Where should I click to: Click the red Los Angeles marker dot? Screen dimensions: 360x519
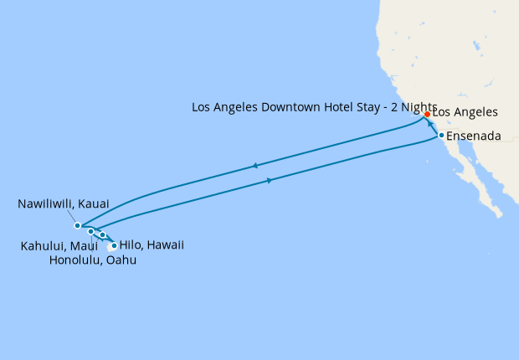427,114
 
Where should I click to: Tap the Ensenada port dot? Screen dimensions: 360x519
441,135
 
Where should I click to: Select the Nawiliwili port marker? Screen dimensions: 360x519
77,225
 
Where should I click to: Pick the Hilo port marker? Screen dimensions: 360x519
114,246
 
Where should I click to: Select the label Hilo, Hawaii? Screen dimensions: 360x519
152,245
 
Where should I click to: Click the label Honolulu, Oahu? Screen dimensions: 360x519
92,260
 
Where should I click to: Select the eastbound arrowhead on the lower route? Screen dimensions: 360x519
268,180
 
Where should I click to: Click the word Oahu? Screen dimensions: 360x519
121,260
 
